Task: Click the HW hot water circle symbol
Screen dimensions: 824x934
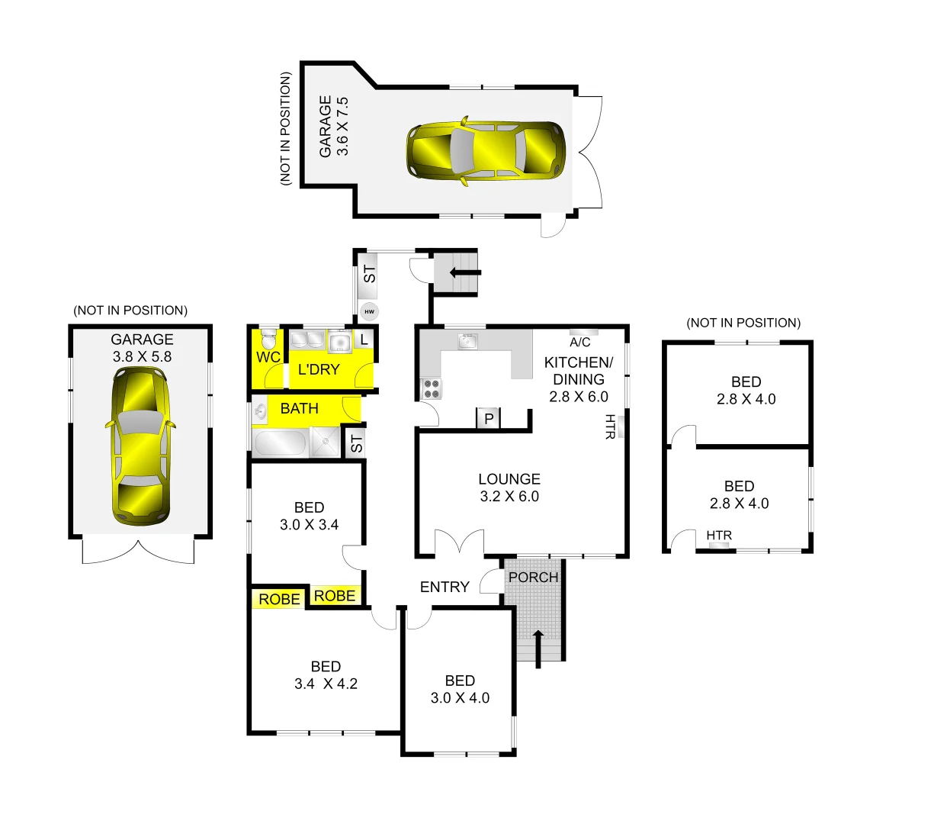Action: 370,311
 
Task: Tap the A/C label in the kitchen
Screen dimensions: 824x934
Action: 579,343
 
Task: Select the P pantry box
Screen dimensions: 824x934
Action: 489,418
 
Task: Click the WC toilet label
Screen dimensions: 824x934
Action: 268,357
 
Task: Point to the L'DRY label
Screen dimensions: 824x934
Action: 319,369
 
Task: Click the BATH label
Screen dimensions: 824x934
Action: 299,409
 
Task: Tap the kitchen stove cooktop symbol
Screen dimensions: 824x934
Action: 431,389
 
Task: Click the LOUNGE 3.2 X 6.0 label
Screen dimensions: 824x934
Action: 509,488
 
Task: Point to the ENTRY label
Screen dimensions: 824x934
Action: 445,587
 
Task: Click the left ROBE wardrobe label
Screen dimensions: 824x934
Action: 279,600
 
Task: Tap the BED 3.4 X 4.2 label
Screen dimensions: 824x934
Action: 326,675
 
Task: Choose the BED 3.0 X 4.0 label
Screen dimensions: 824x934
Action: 460,689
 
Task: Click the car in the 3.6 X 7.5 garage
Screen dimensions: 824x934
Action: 486,151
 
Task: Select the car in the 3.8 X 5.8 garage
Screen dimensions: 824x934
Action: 141,446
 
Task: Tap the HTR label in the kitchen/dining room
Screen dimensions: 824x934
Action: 610,426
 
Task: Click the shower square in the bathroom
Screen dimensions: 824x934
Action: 327,442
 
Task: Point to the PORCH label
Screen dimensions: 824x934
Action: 533,578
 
